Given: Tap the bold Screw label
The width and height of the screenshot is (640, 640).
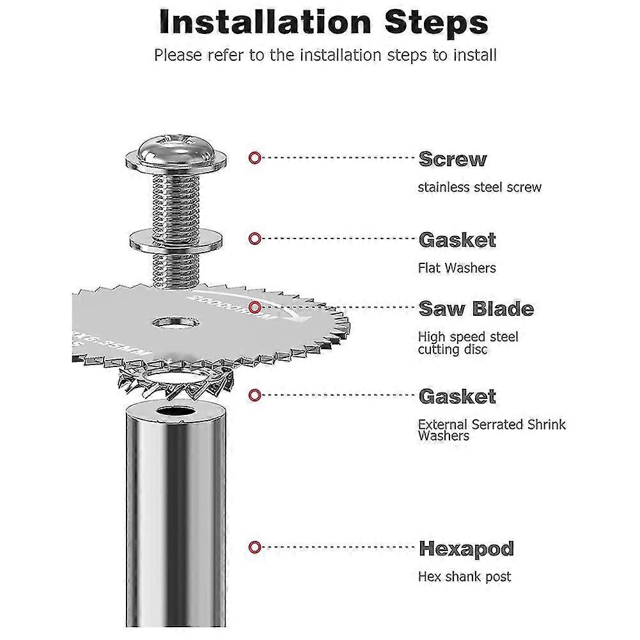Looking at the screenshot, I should pos(453,159).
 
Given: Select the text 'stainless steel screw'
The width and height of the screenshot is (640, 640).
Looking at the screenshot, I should pos(480,187).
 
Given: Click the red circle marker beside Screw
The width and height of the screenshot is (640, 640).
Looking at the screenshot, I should pos(254,157).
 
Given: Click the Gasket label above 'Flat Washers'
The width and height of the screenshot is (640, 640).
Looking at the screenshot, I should pos(457,240).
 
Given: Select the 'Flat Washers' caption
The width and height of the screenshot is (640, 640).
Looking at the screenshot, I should pos(457,268).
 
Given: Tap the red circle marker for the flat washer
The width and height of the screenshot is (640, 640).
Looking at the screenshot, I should pos(254,238).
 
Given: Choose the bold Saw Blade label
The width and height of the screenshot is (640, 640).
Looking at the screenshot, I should pos(476,309).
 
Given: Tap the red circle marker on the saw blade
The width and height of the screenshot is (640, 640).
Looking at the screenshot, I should pos(254,307).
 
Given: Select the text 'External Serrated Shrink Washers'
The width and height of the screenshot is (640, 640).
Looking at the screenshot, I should pos(492,430).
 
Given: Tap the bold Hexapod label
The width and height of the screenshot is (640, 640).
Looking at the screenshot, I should pos(467,549).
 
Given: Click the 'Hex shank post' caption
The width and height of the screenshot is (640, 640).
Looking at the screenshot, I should pos(464,577).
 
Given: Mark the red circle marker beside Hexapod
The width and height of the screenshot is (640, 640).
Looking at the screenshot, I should pos(254,547).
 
